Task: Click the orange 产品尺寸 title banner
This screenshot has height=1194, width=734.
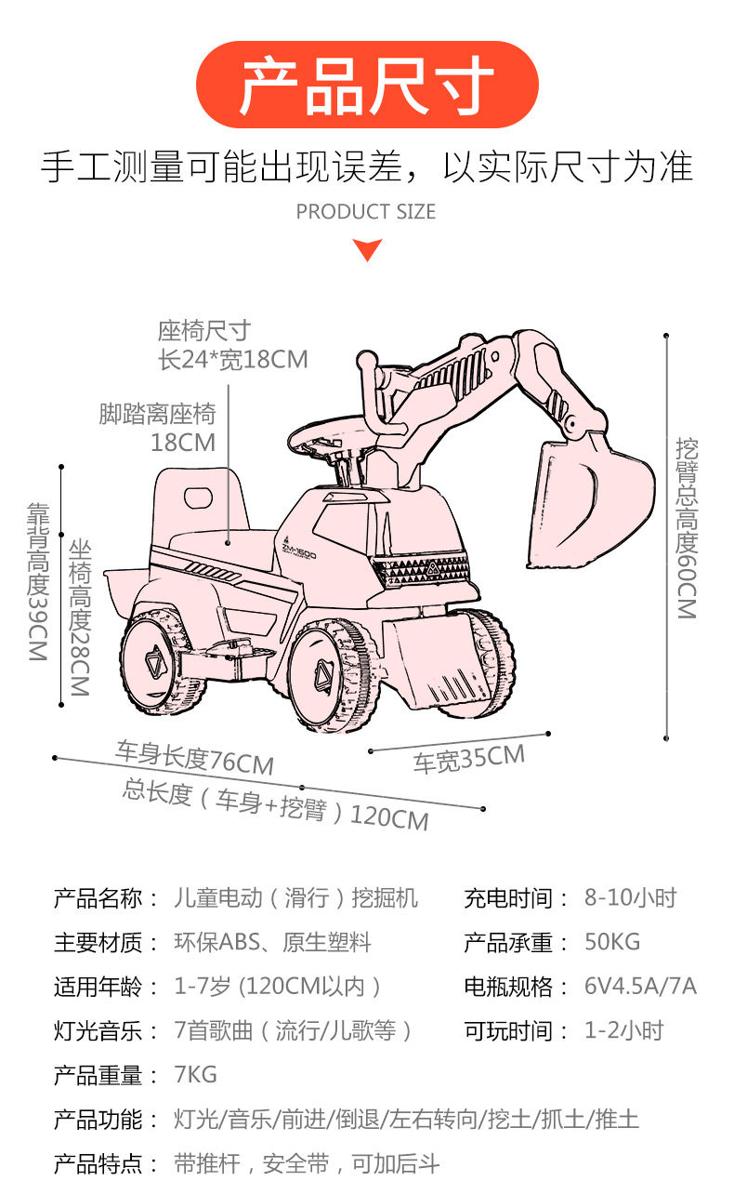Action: click(367, 85)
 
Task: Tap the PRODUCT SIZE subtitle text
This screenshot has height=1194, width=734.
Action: click(366, 212)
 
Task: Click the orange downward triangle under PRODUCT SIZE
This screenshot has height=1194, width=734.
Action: click(367, 249)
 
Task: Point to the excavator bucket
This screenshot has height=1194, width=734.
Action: click(588, 504)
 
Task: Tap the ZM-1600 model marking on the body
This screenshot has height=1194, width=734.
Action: click(299, 549)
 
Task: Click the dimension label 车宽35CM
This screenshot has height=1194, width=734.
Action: click(469, 759)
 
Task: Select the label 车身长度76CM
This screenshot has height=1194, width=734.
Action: click(195, 758)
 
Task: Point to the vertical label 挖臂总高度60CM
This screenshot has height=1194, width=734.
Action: click(687, 527)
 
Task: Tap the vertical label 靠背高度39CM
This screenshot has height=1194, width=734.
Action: click(38, 581)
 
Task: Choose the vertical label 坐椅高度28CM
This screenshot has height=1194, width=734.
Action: click(80, 617)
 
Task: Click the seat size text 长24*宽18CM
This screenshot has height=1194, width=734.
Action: click(233, 360)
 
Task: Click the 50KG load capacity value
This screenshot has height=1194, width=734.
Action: click(612, 942)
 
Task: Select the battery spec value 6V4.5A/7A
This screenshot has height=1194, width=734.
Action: click(640, 986)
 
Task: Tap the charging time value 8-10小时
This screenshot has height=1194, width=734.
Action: click(630, 897)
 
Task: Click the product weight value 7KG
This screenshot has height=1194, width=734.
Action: click(195, 1075)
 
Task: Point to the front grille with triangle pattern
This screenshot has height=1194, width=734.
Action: click(421, 569)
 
